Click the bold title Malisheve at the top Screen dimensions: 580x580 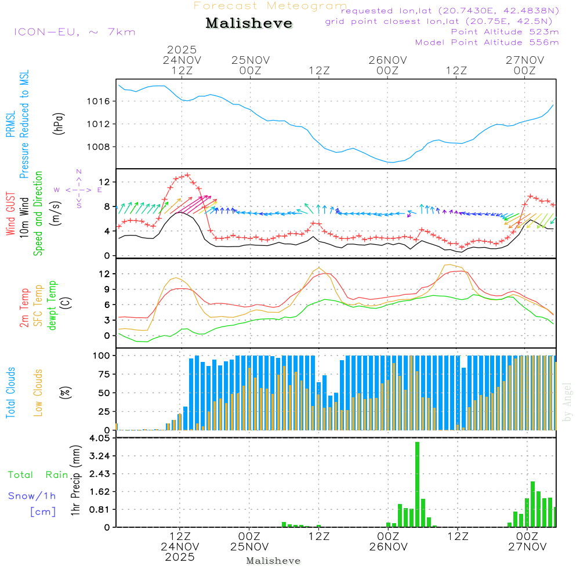[x=249, y=24]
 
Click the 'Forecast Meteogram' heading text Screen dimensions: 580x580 [x=270, y=6]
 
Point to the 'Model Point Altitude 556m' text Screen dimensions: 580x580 [x=487, y=42]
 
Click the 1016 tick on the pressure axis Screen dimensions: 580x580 [x=101, y=101]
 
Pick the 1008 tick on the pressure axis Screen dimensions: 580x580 [x=101, y=147]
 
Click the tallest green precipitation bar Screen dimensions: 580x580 [x=417, y=484]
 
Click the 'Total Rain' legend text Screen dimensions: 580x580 [x=38, y=475]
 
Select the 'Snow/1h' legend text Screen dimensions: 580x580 [x=32, y=496]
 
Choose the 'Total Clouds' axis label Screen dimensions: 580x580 [x=11, y=393]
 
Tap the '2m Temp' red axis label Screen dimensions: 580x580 [x=24, y=308]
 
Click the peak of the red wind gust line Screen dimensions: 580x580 [x=187, y=175]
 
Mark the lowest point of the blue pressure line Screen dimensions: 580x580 [x=393, y=162]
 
